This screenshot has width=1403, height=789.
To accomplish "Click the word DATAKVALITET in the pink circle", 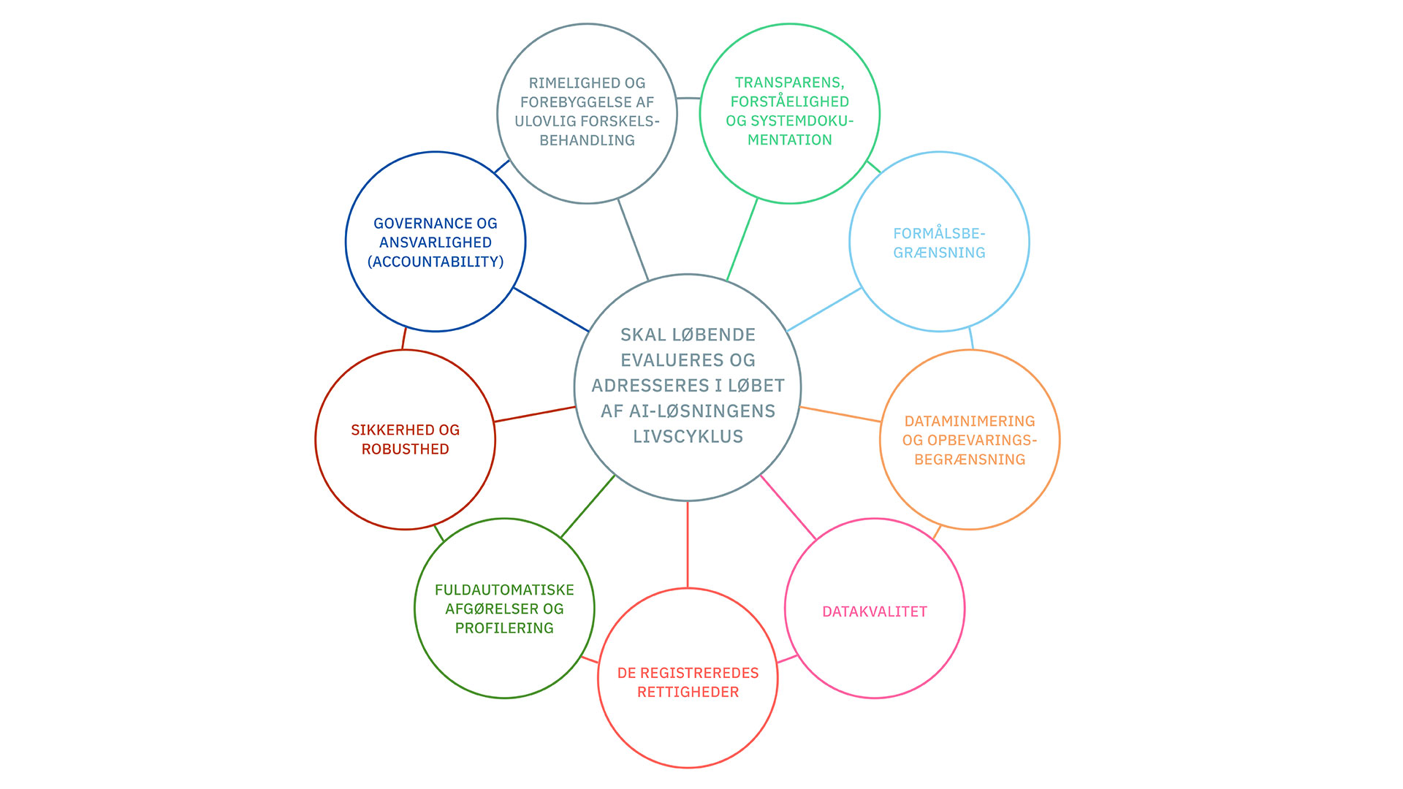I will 874,611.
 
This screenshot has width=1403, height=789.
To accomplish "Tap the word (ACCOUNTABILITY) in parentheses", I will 436,262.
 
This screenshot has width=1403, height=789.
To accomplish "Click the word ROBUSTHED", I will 406,449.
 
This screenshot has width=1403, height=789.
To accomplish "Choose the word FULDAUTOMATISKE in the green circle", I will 504,590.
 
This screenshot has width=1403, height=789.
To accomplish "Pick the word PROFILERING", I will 504,628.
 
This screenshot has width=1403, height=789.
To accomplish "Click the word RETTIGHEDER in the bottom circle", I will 688,692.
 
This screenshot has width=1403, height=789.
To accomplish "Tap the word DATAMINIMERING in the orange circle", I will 970,421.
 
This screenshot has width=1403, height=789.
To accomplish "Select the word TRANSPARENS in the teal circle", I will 788,83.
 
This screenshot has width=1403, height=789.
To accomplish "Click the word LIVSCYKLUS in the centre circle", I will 688,436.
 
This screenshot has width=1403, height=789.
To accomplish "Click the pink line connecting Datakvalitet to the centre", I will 788,507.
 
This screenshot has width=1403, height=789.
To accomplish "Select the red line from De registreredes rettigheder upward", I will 688,544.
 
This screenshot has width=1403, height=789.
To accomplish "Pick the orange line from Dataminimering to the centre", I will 840,414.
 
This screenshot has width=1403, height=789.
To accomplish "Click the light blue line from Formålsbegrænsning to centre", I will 824,309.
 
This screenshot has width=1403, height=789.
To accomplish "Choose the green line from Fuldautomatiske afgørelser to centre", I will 588,506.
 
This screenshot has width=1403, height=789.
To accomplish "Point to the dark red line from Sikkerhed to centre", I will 535,414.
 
